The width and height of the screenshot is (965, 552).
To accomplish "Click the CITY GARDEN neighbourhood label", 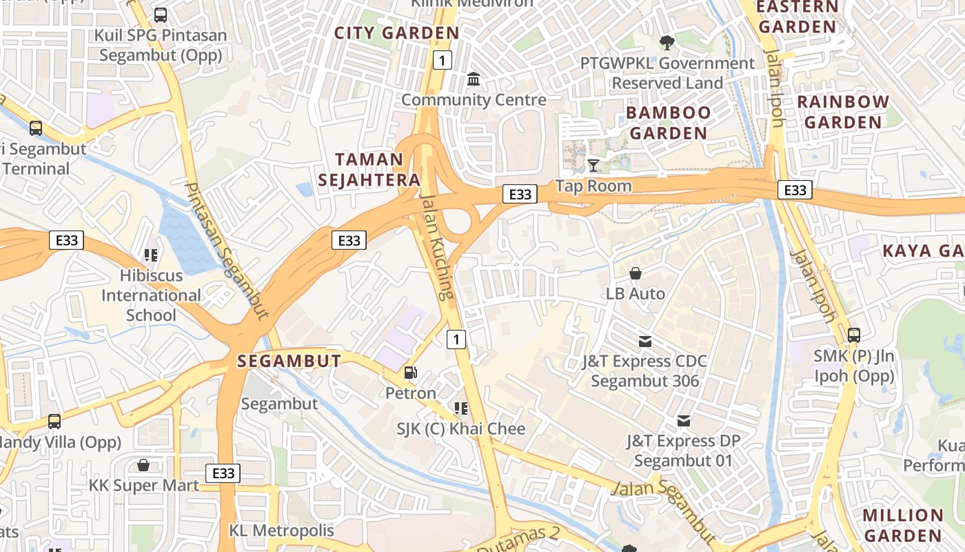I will click(x=396, y=32).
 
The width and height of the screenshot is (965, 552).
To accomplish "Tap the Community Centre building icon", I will click(x=474, y=79).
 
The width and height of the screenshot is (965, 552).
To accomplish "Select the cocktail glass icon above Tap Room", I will click(x=593, y=165).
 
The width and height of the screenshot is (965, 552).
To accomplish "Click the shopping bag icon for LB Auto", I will click(x=636, y=273).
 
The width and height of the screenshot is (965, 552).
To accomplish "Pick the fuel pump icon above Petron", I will click(x=410, y=373).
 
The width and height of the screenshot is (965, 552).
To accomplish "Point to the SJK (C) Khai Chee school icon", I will click(x=460, y=408).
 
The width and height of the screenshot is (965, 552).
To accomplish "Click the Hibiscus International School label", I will click(x=152, y=295).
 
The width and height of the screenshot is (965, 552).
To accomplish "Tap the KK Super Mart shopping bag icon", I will click(x=143, y=465).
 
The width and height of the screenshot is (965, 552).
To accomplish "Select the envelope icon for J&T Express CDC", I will click(x=644, y=341).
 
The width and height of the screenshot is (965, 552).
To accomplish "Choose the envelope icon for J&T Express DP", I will click(x=683, y=420).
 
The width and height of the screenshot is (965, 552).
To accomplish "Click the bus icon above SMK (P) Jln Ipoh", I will click(x=854, y=335).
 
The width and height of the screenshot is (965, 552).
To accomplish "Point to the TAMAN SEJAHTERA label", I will click(x=377, y=170).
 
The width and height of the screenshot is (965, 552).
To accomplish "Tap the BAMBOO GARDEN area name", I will click(x=668, y=123).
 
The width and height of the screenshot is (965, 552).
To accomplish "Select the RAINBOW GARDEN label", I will click(x=843, y=112).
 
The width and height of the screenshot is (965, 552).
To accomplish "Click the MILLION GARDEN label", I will click(x=902, y=525).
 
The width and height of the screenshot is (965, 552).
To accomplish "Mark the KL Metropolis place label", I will click(x=281, y=531).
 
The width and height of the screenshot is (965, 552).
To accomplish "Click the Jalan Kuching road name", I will click(x=437, y=247).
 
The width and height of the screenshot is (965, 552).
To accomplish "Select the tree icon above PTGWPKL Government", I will click(x=667, y=43).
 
